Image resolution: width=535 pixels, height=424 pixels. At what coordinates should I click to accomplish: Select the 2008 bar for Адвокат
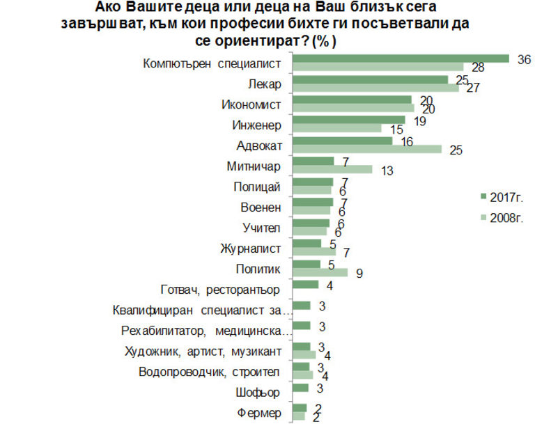point(366,149)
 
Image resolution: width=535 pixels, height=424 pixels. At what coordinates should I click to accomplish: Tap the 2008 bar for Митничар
point(332,169)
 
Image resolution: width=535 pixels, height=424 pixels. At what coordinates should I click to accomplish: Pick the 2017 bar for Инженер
point(350,120)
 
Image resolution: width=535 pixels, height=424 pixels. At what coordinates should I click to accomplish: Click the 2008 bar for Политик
point(320,272)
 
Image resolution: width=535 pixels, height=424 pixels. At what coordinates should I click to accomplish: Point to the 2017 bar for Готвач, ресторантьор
point(305,285)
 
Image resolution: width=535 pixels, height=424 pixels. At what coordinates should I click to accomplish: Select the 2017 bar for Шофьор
point(302,388)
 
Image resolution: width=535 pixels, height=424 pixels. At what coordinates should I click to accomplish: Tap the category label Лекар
point(264,85)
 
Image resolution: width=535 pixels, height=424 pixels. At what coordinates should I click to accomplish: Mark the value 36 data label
point(524,59)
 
